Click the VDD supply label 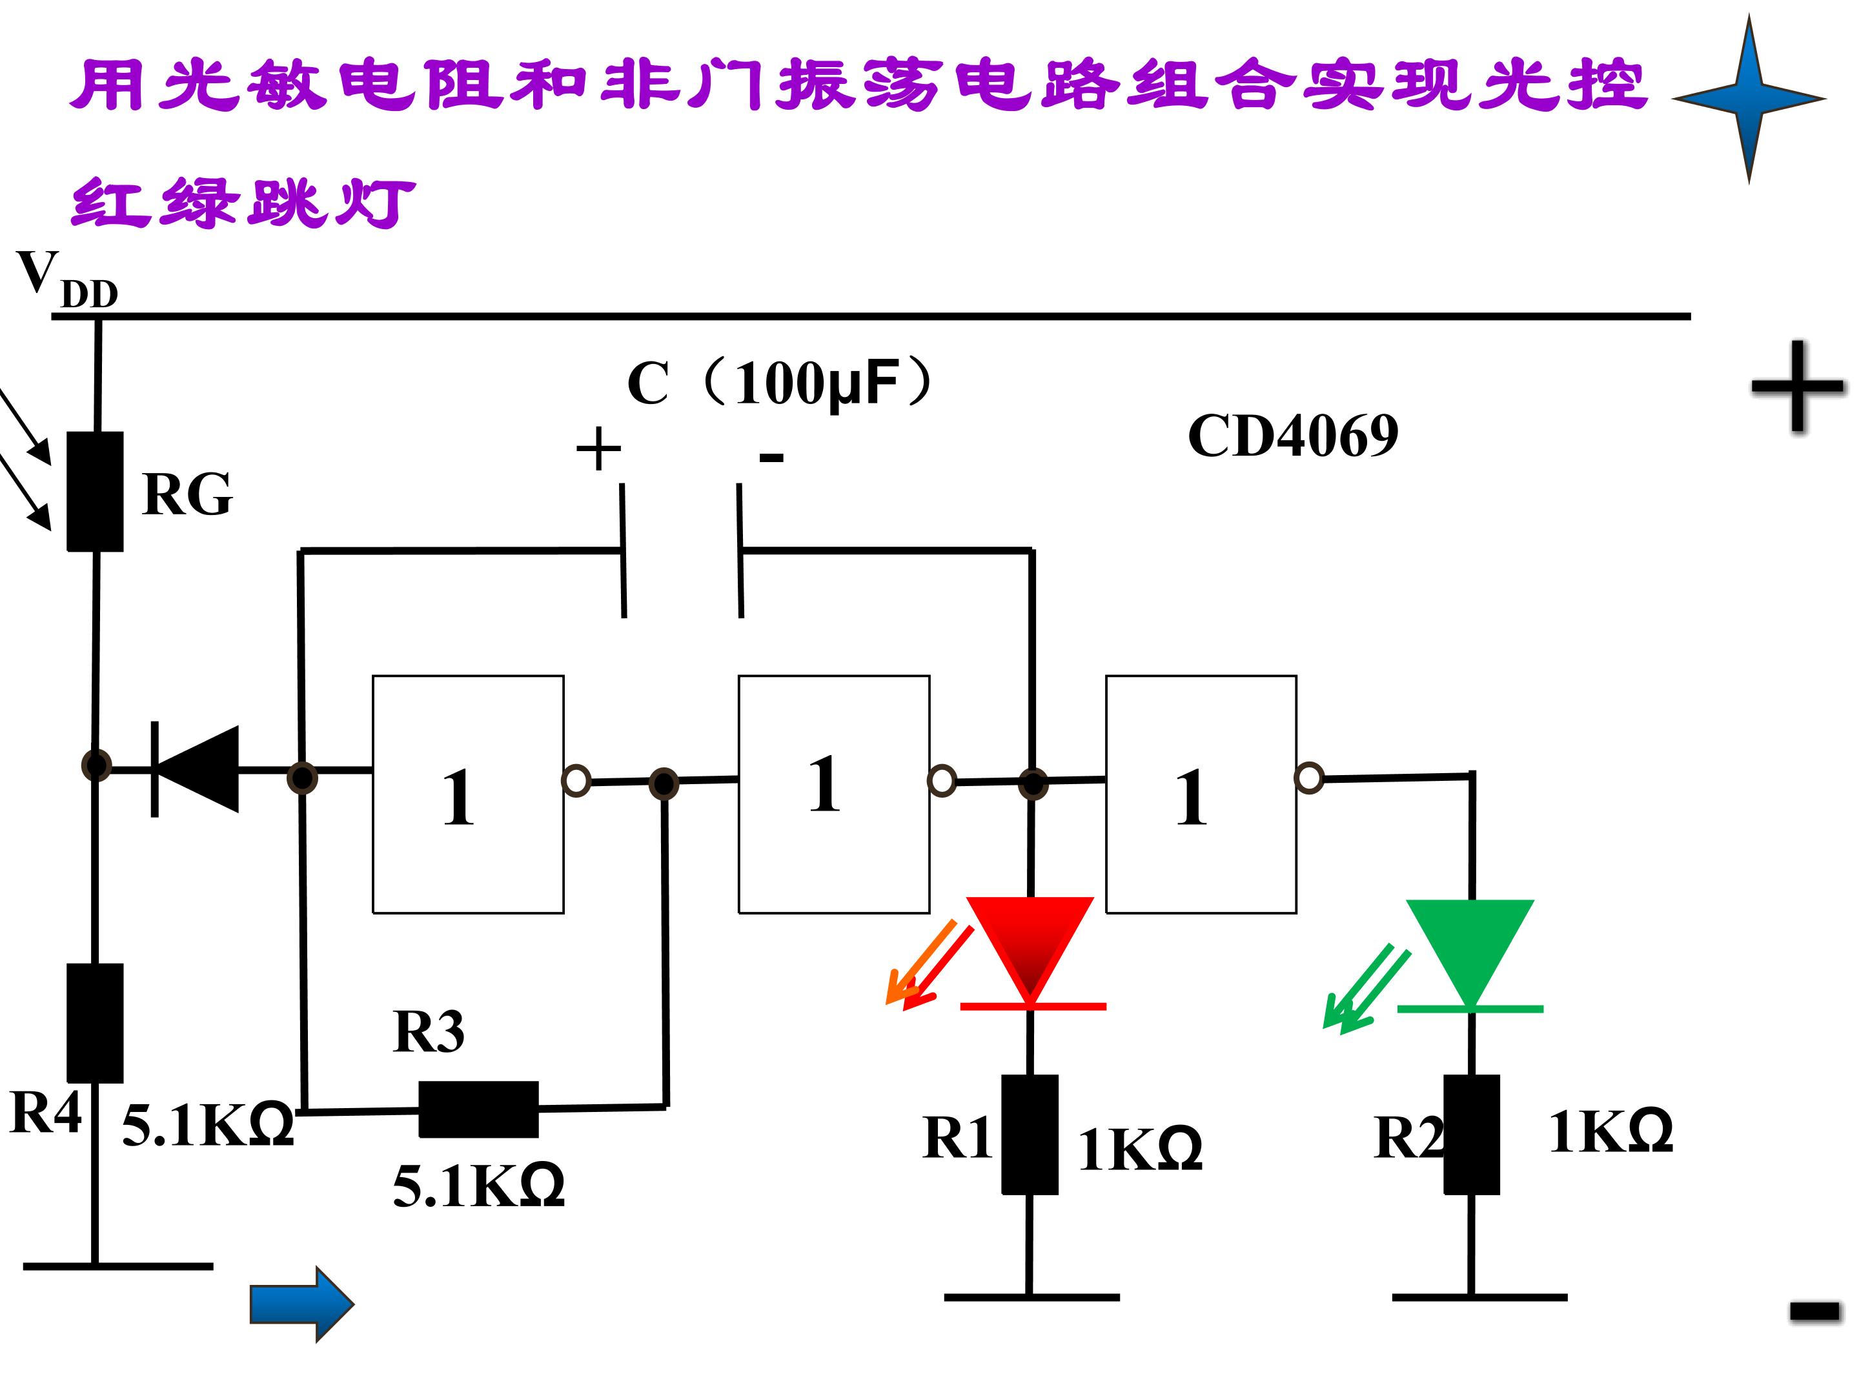67,278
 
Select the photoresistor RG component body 95,492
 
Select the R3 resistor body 478,1109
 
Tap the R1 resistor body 1030,1135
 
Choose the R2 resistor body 1472,1135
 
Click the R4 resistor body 95,1023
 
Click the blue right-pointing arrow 301,1304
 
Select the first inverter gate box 468,794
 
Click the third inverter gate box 1201,794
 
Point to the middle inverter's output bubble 942,781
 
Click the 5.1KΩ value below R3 478,1186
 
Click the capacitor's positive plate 623,551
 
